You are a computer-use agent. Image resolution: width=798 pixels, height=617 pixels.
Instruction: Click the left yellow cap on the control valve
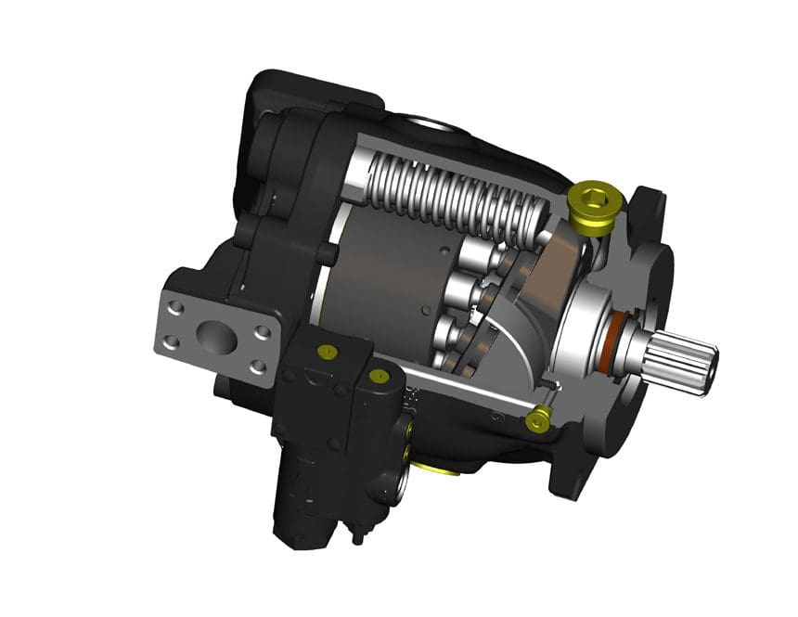pos(325,352)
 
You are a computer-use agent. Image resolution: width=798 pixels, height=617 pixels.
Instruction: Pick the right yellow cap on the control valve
pos(379,377)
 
